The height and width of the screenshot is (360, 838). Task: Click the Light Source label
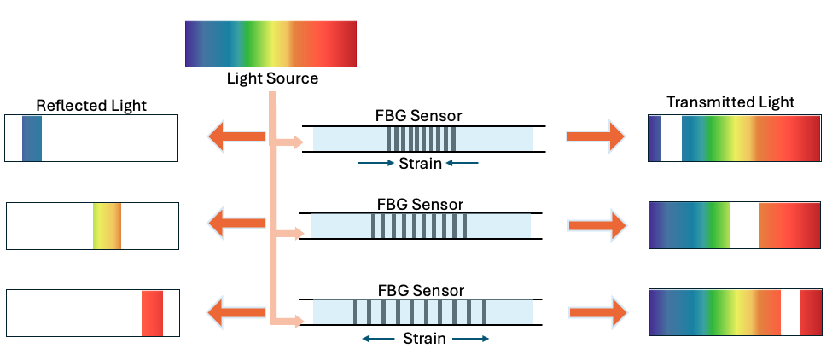tap(272, 78)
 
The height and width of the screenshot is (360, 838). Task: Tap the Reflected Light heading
tap(91, 105)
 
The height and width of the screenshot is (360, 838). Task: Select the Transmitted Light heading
tap(730, 102)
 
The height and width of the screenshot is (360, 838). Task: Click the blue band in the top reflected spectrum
tap(32, 138)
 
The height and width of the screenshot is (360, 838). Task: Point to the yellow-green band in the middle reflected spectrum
tap(108, 225)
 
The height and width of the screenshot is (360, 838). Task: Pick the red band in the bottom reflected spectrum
tap(152, 313)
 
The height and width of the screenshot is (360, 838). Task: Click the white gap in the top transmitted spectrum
tap(672, 138)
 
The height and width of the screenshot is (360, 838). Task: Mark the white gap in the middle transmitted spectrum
tap(744, 225)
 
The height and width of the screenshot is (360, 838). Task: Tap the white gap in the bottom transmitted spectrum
tap(790, 312)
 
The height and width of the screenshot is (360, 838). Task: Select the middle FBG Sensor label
tap(420, 205)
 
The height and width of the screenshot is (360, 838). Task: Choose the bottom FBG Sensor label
tap(420, 291)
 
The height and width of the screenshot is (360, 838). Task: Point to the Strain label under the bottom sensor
tap(424, 339)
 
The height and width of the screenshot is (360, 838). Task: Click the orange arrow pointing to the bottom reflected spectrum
tap(236, 311)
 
